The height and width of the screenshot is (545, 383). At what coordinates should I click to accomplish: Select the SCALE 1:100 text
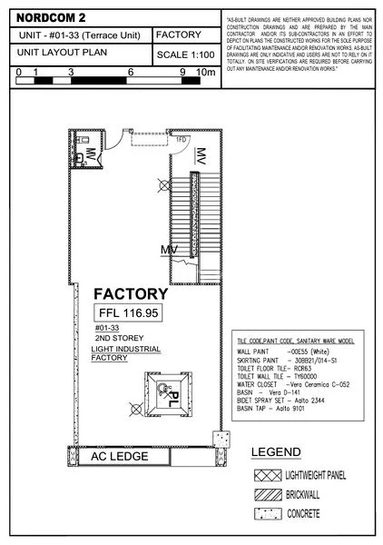[x=184, y=55]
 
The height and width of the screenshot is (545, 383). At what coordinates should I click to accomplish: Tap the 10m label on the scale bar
[x=207, y=71]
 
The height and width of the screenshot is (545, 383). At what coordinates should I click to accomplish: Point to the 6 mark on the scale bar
[x=133, y=71]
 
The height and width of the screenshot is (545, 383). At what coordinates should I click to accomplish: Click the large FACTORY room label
[x=131, y=294]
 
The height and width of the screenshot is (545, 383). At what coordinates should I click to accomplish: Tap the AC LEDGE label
[x=119, y=458]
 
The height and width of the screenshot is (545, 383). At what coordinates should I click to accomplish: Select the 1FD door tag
[x=181, y=140]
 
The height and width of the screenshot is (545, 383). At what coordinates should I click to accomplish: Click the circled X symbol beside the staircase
[x=163, y=183]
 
